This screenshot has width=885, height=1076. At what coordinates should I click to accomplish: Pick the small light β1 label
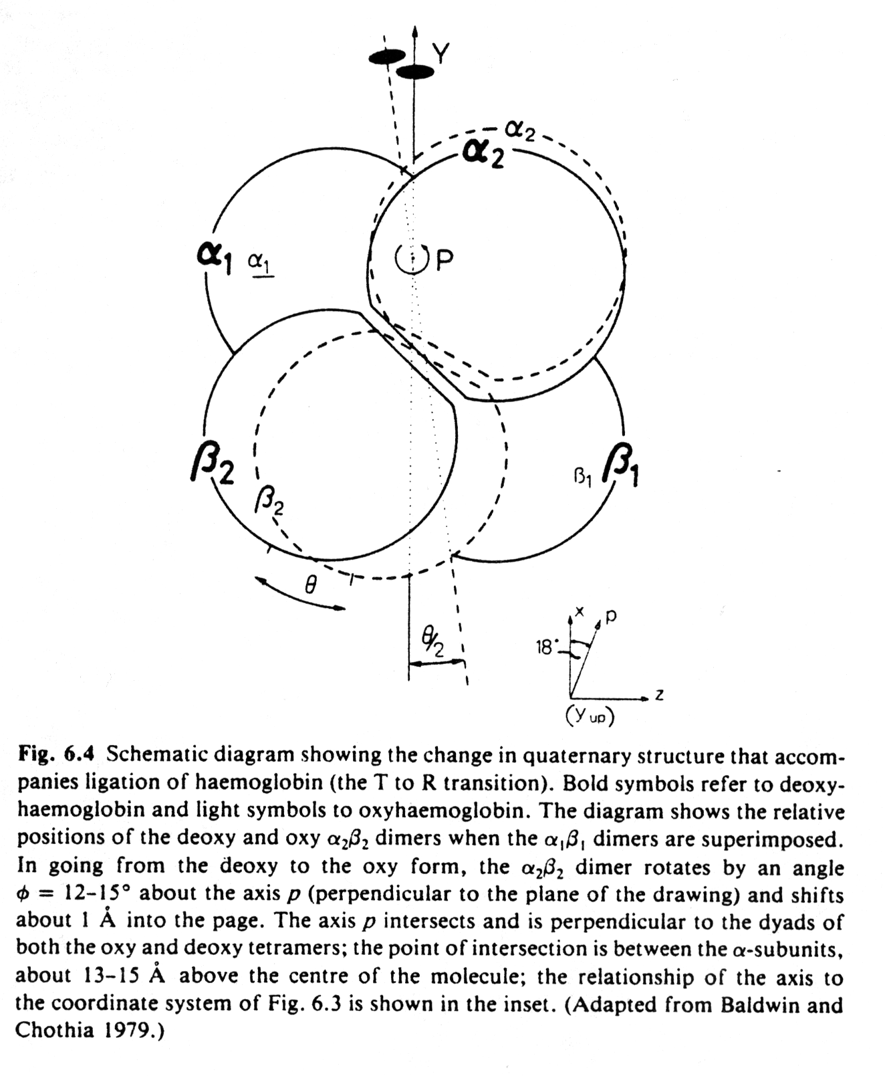tap(583, 476)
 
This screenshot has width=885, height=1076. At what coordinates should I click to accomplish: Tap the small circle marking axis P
tap(410, 259)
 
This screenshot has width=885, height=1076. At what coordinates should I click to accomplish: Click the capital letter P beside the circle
tap(444, 261)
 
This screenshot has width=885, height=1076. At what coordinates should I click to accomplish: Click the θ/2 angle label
tap(432, 644)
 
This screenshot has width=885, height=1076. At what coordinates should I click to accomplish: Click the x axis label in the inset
tap(580, 611)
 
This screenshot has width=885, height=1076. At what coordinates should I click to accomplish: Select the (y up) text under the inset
tap(590, 716)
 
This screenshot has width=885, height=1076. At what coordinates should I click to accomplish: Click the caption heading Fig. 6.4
tap(57, 754)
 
